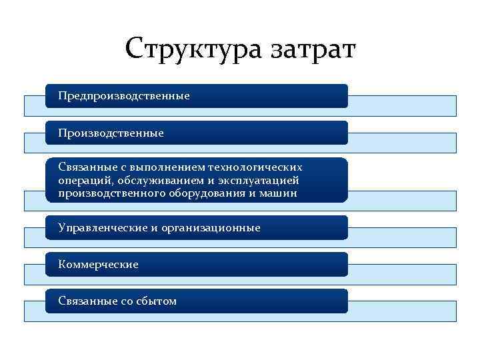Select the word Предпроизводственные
pos(124,96)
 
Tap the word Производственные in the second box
pos(111,133)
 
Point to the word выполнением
pos(164,167)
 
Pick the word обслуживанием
pos(155,180)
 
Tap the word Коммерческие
pos(98,265)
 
